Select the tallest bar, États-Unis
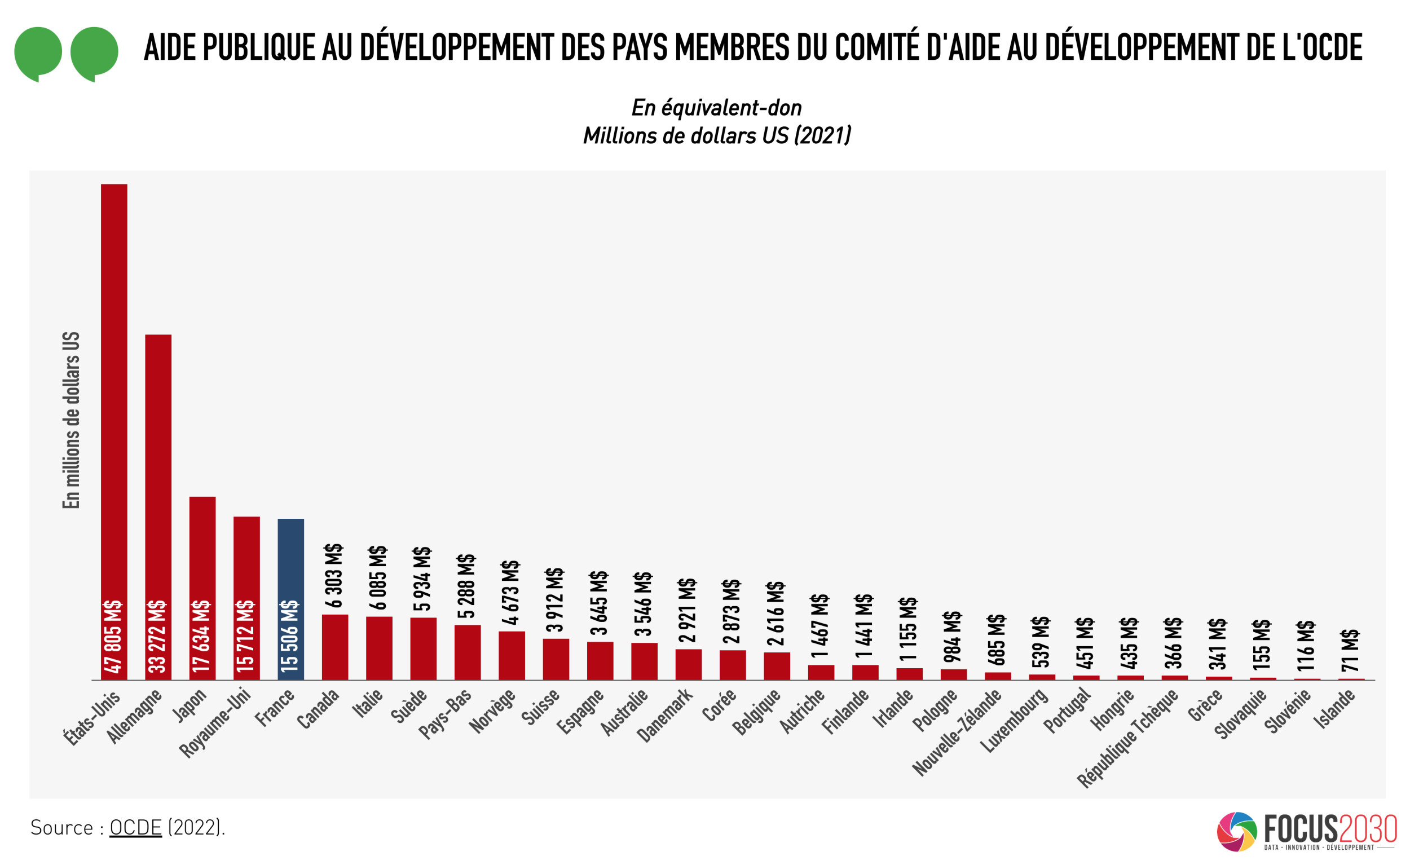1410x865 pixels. coord(114,400)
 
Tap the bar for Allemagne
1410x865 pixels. coord(158,486)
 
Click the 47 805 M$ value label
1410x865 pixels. coord(113,636)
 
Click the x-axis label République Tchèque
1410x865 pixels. coord(1127,738)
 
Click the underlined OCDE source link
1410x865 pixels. coord(135,827)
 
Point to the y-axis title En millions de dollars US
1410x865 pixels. coord(71,420)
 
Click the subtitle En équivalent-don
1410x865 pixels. coord(716,108)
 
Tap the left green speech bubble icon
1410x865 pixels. coord(38,52)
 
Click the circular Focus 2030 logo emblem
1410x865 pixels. coord(1236,831)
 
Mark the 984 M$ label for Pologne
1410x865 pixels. coord(952,637)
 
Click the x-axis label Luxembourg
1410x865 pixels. coord(1015,720)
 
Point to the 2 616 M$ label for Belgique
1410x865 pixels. coord(775,614)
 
